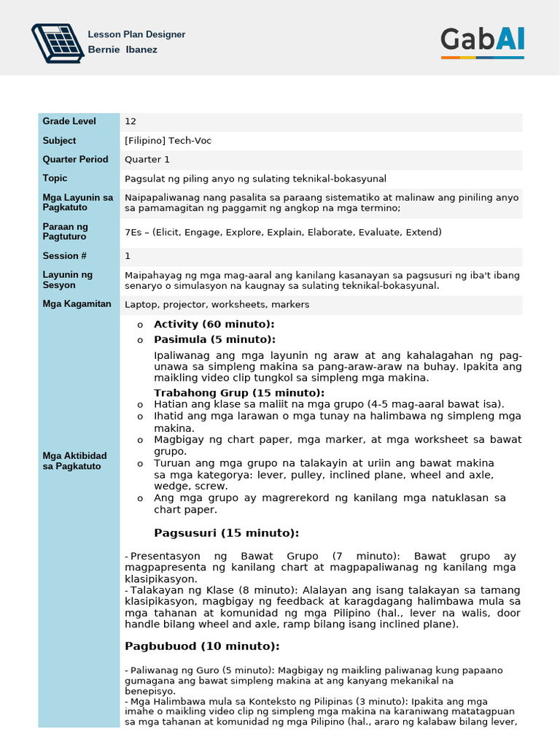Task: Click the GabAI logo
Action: (482, 41)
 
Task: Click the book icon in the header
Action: (57, 43)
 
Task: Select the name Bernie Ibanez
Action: (122, 50)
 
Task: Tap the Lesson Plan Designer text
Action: (136, 34)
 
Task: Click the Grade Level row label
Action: (65, 121)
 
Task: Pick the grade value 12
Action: (131, 122)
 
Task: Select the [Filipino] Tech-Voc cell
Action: (168, 141)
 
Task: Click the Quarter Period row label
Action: (75, 159)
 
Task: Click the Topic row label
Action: (55, 178)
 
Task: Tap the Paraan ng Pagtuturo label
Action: (65, 231)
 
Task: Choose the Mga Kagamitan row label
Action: (77, 303)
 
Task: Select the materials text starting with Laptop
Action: (217, 304)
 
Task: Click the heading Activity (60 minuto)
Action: (214, 324)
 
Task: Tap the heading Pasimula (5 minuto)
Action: (214, 339)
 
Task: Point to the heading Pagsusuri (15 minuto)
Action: (226, 533)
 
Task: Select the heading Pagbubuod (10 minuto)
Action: (202, 646)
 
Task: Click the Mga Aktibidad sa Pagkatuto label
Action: (74, 460)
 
